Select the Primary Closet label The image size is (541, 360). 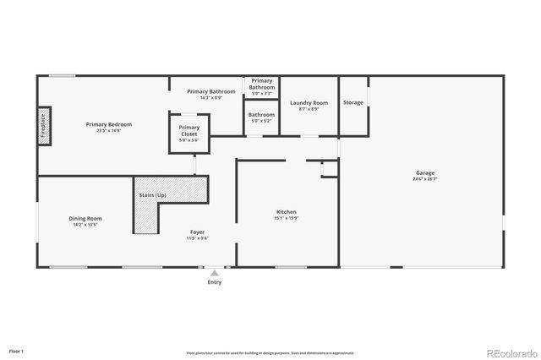(189, 130)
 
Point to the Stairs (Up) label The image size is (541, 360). (152, 195)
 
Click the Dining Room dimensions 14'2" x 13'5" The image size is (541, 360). (85, 226)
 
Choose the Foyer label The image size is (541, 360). (197, 232)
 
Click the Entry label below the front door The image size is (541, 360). (215, 282)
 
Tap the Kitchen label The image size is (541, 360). (287, 211)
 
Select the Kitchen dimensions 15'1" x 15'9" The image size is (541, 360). (287, 218)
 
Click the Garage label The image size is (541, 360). (424, 172)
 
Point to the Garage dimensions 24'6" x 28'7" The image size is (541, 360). (424, 179)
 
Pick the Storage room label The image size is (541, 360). (353, 102)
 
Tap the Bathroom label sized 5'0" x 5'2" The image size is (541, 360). (261, 114)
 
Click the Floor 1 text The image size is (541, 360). (16, 351)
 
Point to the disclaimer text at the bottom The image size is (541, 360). (270, 352)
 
